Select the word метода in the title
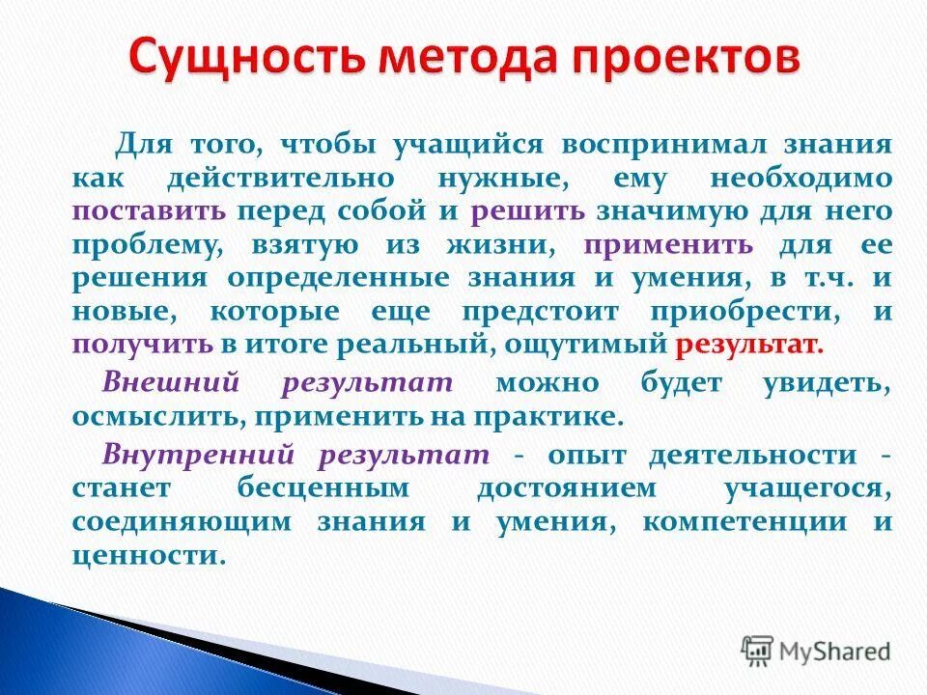pyautogui.click(x=463, y=57)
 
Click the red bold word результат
pyautogui.click(x=749, y=344)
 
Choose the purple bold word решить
pyautogui.click(x=527, y=211)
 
